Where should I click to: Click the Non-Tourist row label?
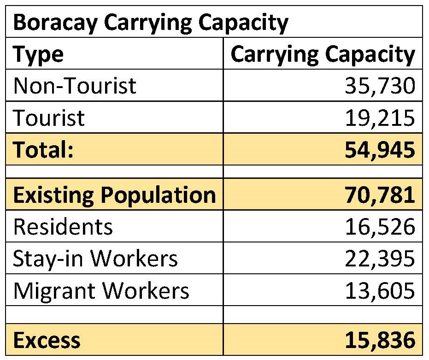75,86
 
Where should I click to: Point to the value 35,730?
380,86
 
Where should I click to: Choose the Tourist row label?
49,118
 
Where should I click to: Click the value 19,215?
380,118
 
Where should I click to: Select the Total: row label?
44,150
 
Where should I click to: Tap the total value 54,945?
380,150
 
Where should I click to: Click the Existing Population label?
114,195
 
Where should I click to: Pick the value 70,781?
380,195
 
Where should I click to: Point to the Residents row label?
63,227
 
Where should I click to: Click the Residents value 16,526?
380,227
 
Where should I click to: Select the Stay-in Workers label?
95,259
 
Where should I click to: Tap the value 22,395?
380,259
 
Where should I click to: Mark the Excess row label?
47,341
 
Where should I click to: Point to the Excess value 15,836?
380,341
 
